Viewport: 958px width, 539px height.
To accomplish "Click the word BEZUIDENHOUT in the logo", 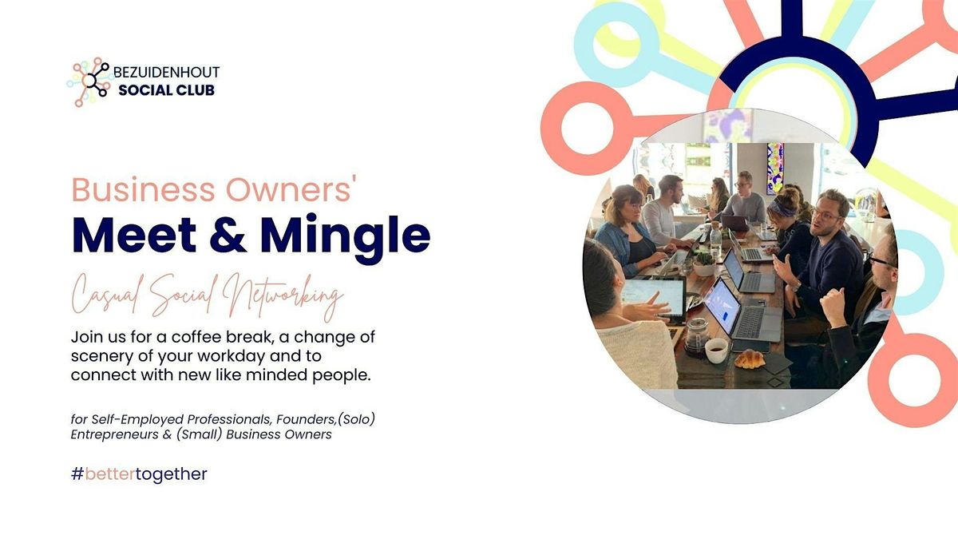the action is pyautogui.click(x=166, y=72).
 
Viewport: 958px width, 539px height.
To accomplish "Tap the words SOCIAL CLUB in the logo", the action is pyautogui.click(x=166, y=90).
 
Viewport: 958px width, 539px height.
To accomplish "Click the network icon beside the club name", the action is pyautogui.click(x=89, y=81).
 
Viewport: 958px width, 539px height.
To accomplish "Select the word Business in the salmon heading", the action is pyautogui.click(x=143, y=189).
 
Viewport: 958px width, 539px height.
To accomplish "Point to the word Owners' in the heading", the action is pyautogui.click(x=291, y=189).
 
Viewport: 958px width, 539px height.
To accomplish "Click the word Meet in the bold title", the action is pyautogui.click(x=134, y=235).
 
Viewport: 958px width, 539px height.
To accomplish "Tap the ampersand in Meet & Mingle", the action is pyautogui.click(x=228, y=235).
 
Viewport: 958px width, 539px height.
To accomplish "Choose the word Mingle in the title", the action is pyautogui.click(x=345, y=239).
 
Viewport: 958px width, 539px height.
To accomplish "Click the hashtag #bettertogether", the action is pyautogui.click(x=139, y=474).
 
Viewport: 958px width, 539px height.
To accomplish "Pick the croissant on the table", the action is pyautogui.click(x=750, y=359).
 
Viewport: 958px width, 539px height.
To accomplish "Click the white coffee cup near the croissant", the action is pyautogui.click(x=716, y=351).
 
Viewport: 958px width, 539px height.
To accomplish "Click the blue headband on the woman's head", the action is pyautogui.click(x=782, y=208).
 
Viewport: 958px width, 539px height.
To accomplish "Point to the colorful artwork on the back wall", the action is pyautogui.click(x=774, y=168).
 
